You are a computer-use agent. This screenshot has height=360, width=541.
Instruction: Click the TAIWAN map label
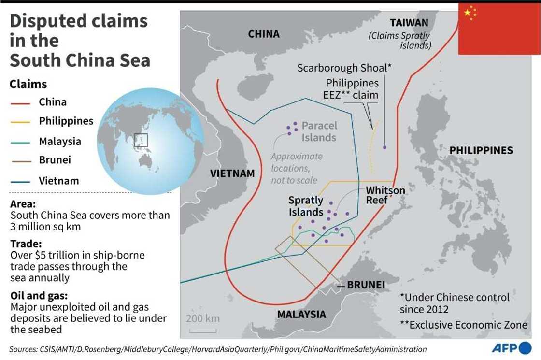click(409, 22)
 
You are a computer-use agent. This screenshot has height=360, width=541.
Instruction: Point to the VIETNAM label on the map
click(232, 173)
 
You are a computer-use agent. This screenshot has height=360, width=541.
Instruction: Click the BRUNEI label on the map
click(366, 285)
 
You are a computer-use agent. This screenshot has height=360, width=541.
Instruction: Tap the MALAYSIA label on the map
click(301, 314)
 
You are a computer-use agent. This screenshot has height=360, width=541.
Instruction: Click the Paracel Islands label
click(319, 131)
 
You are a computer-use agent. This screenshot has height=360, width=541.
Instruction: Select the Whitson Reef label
click(385, 195)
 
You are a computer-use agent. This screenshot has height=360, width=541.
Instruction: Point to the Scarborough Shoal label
click(344, 68)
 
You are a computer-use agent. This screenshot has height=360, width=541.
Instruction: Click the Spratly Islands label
click(306, 206)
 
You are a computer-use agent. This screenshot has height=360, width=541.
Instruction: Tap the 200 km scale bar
click(203, 331)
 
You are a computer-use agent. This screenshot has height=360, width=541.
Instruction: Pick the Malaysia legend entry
click(60, 142)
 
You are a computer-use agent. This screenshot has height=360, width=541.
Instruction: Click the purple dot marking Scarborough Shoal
click(384, 147)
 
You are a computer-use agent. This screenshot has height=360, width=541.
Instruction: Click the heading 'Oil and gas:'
click(39, 296)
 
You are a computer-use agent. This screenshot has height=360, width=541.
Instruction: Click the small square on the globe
click(141, 140)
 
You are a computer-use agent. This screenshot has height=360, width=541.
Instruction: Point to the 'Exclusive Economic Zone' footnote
click(463, 325)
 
